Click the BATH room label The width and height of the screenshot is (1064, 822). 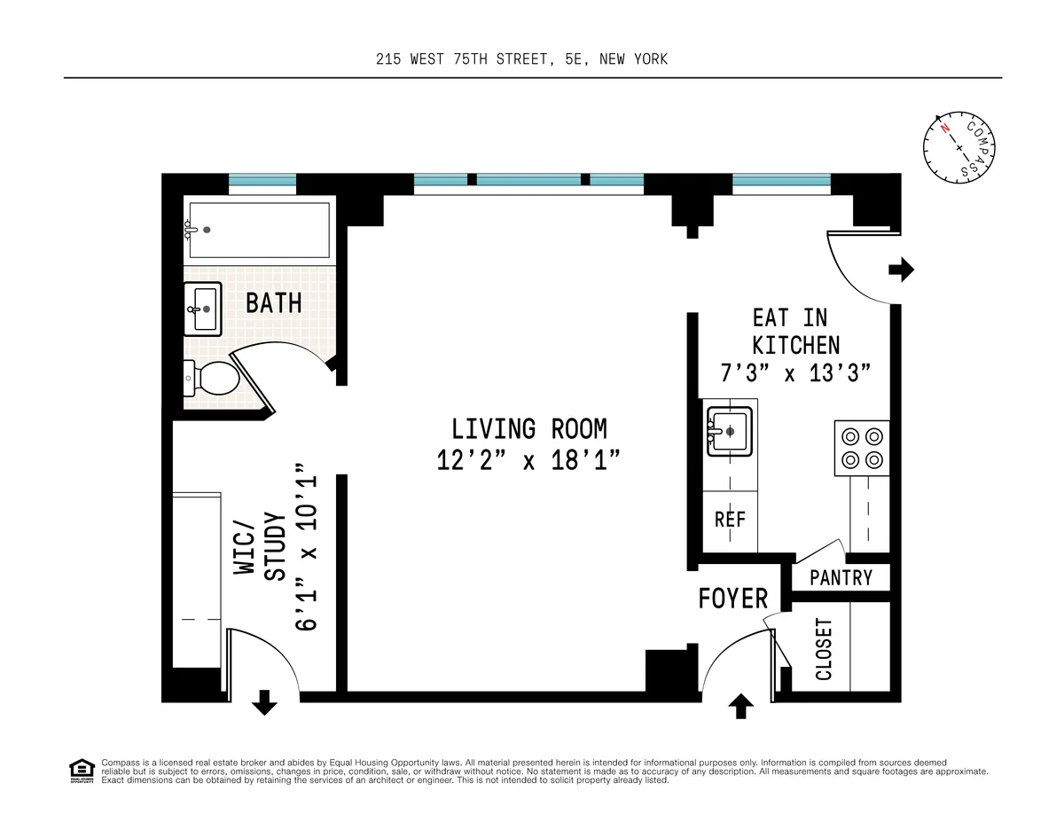tap(273, 303)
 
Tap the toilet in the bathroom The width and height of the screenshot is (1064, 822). tap(213, 380)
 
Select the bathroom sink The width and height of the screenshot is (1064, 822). tap(203, 309)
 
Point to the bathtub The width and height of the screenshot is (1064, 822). tap(257, 230)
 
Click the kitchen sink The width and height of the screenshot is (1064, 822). tap(730, 431)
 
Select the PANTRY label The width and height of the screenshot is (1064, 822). tap(841, 578)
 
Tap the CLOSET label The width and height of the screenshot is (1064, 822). tap(824, 649)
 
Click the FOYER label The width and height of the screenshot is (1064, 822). tap(733, 599)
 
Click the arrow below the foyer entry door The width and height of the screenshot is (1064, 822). tap(741, 706)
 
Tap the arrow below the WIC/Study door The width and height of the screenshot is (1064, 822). tap(264, 703)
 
